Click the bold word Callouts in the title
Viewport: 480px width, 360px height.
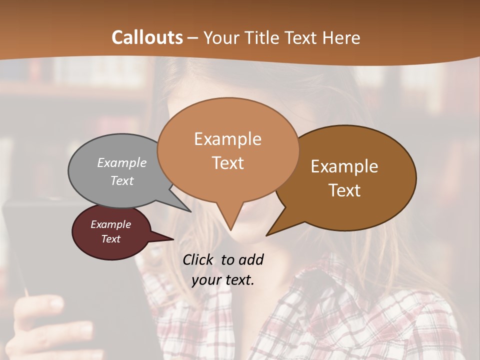(147, 37)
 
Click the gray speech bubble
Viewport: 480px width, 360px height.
(100, 190)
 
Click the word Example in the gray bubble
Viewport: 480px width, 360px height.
(122, 162)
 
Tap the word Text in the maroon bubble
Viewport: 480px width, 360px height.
(110, 239)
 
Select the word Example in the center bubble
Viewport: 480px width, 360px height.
(227, 138)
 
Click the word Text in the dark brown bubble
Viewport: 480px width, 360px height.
(344, 190)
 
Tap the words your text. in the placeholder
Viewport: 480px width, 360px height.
(223, 280)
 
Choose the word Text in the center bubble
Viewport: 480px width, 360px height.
(227, 162)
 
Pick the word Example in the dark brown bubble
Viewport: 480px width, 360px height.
(344, 166)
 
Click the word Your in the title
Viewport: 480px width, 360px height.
(220, 37)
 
